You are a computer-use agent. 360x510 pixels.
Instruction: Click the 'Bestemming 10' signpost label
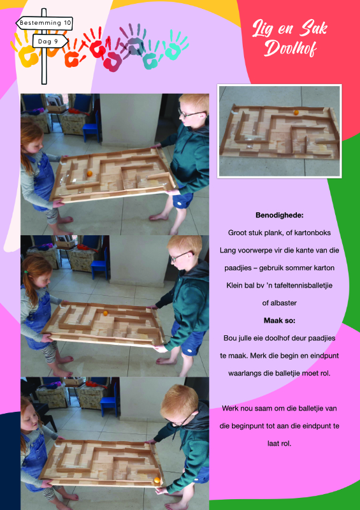(44, 23)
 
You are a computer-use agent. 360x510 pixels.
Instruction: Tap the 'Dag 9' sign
(50, 41)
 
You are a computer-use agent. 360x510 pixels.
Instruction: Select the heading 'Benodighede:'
(279, 215)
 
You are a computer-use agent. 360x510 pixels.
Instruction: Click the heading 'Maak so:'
(279, 321)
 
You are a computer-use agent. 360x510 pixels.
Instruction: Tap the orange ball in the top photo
(89, 173)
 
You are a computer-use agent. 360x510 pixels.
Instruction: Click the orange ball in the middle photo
(105, 313)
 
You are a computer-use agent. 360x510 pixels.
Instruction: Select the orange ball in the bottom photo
(157, 481)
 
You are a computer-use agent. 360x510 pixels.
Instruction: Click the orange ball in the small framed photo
(296, 113)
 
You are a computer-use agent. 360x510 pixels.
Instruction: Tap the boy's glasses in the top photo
(191, 114)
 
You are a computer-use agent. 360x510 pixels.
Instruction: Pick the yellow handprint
(25, 52)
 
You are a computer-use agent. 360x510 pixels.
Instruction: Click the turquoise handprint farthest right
(175, 45)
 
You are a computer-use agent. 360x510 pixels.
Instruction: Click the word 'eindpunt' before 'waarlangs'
(325, 356)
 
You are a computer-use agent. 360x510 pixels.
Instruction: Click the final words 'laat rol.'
(279, 443)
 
